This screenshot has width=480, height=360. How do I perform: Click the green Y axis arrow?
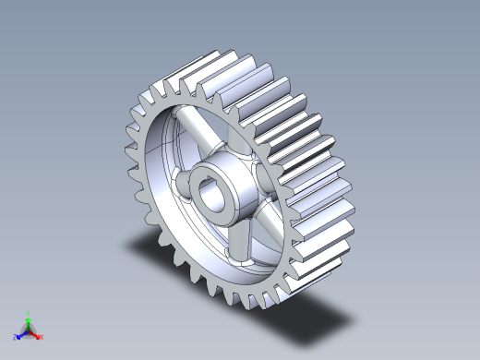coord(29,320)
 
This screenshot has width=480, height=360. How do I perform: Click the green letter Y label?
coord(29,314)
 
